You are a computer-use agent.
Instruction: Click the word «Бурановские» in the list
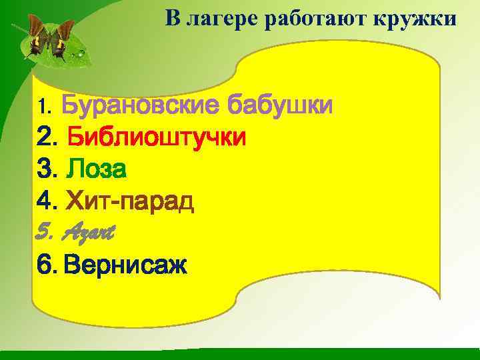coord(141,105)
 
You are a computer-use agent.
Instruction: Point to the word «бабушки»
coord(280,105)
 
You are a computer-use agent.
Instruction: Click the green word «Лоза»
coord(97,170)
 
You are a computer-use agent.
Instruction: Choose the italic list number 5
coord(45,233)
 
